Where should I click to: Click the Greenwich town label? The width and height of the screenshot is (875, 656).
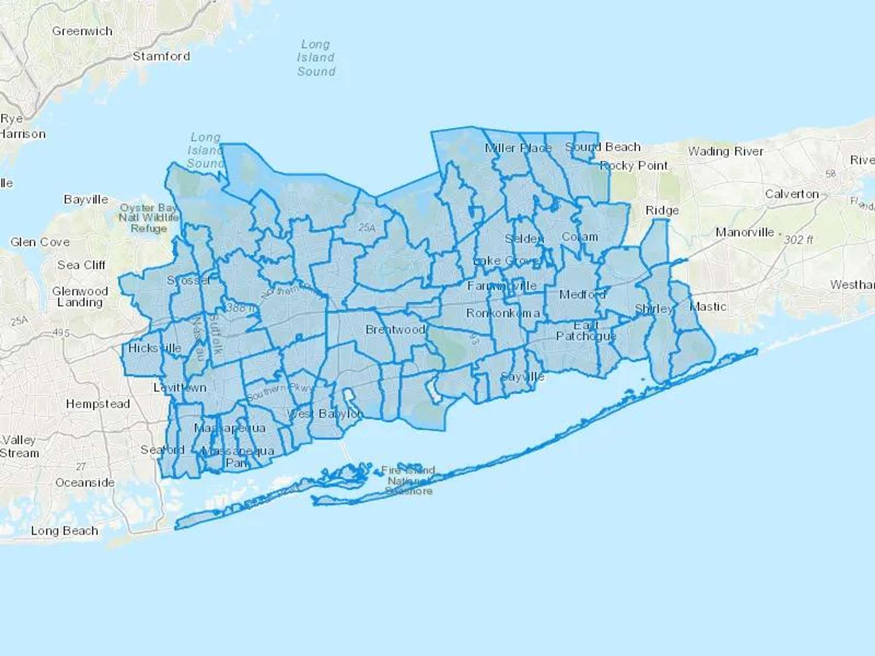(82, 31)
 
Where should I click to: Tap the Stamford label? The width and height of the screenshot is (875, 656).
(161, 56)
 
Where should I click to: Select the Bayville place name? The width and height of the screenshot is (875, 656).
(86, 199)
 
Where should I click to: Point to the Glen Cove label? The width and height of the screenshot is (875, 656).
(40, 242)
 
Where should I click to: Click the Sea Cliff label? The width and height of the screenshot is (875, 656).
(81, 265)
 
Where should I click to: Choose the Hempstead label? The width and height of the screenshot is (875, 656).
(98, 404)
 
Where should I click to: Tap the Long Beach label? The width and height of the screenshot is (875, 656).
(64, 531)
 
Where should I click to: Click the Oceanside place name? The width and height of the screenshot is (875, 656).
(85, 483)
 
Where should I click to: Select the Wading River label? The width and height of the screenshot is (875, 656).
(725, 152)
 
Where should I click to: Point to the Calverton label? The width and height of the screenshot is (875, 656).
(792, 194)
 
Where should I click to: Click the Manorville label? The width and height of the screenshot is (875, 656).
(744, 232)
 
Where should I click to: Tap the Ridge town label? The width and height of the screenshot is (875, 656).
(662, 210)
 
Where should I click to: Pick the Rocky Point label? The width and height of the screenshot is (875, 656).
(634, 166)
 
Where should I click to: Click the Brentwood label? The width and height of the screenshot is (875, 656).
(395, 329)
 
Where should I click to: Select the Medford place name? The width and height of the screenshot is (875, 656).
(582, 294)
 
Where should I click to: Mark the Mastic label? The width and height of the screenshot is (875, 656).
(708, 307)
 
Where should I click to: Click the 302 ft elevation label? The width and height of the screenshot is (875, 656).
(798, 240)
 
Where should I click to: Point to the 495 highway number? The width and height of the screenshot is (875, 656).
(61, 333)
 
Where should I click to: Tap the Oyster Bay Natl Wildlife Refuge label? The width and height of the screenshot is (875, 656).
(149, 218)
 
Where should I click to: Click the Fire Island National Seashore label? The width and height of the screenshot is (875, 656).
(408, 480)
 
